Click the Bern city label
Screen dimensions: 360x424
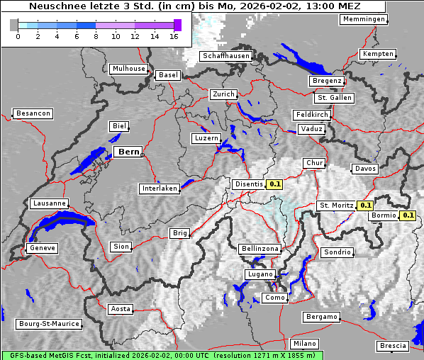click(x=128, y=152)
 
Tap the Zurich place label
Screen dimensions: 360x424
click(x=223, y=94)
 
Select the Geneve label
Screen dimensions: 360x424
click(x=42, y=248)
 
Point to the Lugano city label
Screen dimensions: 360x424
click(x=260, y=274)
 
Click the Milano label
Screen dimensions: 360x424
click(x=305, y=344)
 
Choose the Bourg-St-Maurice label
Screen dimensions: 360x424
click(x=48, y=323)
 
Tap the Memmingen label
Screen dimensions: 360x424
click(x=363, y=19)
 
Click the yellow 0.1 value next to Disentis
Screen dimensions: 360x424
click(x=275, y=184)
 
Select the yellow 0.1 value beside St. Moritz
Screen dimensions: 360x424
click(x=365, y=206)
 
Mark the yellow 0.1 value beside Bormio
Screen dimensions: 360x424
click(x=408, y=215)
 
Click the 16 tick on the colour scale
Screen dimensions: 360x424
click(x=174, y=37)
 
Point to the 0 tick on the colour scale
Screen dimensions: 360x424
click(x=18, y=37)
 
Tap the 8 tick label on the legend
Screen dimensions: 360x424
click(x=96, y=37)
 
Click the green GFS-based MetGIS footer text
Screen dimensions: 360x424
click(x=161, y=355)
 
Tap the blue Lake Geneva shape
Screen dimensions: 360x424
click(x=60, y=224)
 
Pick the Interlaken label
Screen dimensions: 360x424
click(x=160, y=189)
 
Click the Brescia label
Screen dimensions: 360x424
click(x=393, y=345)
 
